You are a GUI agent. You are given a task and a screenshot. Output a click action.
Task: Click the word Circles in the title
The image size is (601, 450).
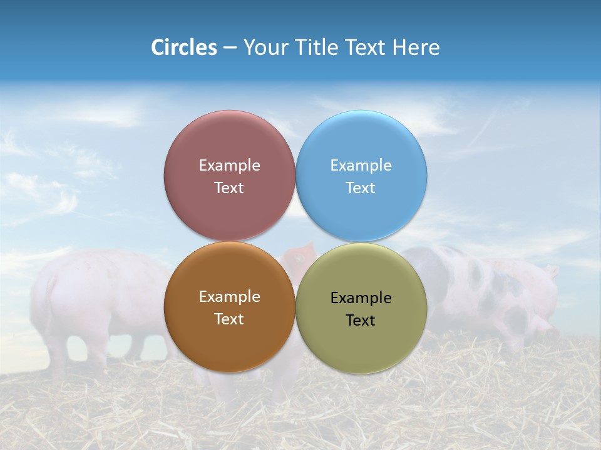[x=184, y=47]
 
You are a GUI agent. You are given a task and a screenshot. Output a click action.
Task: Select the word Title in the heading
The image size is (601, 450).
[x=319, y=47]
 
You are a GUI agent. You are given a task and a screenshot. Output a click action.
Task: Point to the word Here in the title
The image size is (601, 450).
[x=416, y=47]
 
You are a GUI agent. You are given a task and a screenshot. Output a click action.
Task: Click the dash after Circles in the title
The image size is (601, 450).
[x=230, y=48]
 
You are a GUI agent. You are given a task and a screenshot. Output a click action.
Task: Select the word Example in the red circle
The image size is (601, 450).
[x=229, y=165]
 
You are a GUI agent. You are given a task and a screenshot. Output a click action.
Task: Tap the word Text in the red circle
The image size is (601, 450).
[x=229, y=187]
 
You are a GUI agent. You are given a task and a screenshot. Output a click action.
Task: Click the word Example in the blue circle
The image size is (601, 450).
[x=361, y=165]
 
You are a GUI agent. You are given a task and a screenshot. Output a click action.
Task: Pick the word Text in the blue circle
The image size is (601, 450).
[x=361, y=187]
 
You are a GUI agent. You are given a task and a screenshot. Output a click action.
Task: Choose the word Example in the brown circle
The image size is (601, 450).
[x=229, y=296]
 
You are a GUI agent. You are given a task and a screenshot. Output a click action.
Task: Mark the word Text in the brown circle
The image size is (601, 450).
[x=229, y=319]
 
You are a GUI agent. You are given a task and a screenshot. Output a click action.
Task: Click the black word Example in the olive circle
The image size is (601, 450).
[x=361, y=297]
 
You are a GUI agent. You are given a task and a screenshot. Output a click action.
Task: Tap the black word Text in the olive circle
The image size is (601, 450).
[x=361, y=320]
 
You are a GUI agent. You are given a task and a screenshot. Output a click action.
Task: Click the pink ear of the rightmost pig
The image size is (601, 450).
[x=550, y=271]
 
